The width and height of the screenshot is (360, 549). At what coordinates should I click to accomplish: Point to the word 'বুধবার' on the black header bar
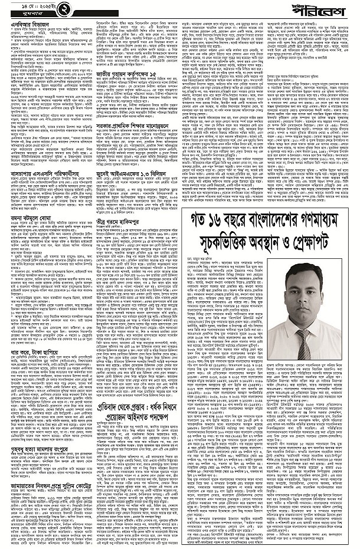pos(21,12)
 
